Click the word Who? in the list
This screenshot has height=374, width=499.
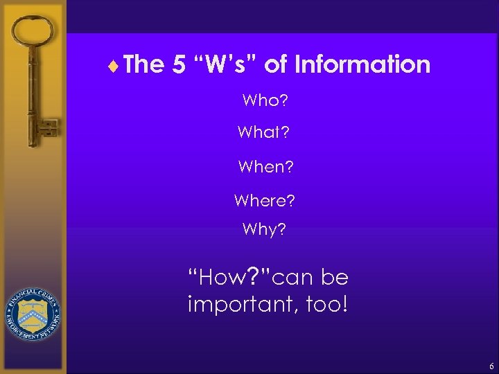[265, 101]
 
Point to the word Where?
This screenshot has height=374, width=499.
[264, 201]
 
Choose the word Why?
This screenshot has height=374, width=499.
[264, 229]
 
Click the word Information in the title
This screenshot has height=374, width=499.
[362, 65]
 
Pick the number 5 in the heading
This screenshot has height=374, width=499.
[179, 65]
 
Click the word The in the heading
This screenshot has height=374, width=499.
[144, 65]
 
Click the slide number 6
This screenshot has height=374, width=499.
[491, 366]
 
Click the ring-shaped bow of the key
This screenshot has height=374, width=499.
[33, 35]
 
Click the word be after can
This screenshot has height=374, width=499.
[335, 278]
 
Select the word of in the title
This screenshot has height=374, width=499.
[276, 65]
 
